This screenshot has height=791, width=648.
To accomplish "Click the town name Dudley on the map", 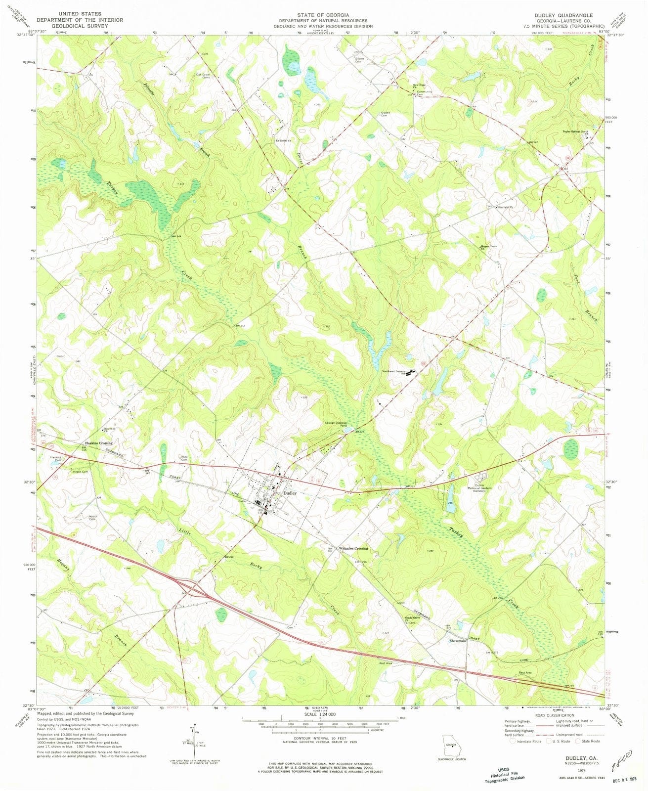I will click(290, 493).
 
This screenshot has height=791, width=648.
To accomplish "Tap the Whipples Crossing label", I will click(353, 548).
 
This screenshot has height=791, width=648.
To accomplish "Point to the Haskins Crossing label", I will click(99, 443).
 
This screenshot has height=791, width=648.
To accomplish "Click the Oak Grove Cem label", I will click(203, 76).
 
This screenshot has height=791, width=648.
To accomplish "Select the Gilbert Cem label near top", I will click(359, 60).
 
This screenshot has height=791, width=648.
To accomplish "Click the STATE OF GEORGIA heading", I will click(324, 15).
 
